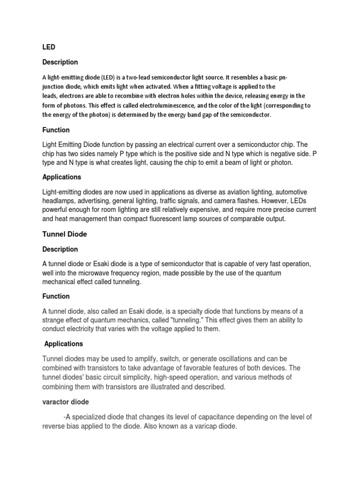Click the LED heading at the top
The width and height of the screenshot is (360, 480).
coord(49,47)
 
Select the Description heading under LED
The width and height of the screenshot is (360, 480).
coord(60,62)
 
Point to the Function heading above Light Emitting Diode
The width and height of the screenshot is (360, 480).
coord(56,130)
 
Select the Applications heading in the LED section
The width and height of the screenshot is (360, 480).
coord(62,177)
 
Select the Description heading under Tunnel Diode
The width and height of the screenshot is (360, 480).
coord(60,249)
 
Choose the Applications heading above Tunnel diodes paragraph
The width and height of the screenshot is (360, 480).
coord(64,344)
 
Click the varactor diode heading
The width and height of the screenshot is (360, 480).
coord(66,402)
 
